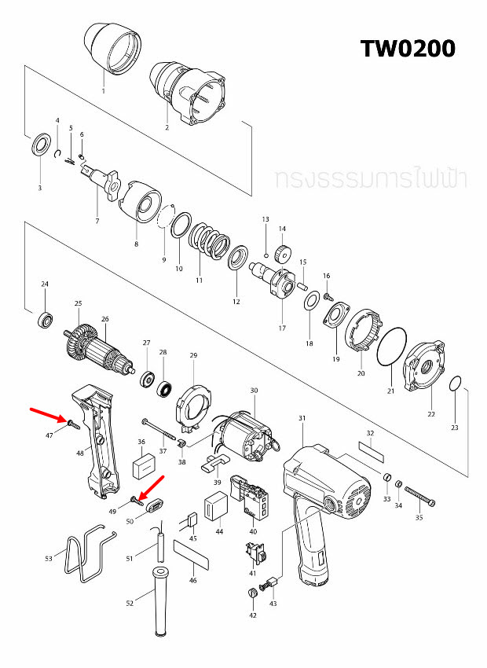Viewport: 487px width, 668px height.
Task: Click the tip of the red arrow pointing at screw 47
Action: coord(65,420)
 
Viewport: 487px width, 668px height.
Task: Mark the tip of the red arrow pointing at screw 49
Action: coord(140,498)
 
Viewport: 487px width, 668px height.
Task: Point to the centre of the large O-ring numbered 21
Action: coord(392,347)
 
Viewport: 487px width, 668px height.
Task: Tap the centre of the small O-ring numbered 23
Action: coord(455,384)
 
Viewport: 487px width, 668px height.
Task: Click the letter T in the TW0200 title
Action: coord(368,48)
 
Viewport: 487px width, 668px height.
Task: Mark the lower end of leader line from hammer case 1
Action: coord(104,86)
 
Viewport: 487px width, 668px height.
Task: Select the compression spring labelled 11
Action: coord(209,241)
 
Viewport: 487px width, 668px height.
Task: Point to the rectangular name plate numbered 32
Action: coord(372,452)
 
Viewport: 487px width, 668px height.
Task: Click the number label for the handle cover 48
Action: coord(80,453)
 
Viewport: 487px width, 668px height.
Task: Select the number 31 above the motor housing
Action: coord(302,418)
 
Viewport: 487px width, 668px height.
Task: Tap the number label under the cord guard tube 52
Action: coord(130,603)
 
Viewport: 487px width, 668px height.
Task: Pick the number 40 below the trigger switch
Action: coord(253,531)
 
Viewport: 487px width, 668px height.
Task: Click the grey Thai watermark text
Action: coord(371,179)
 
